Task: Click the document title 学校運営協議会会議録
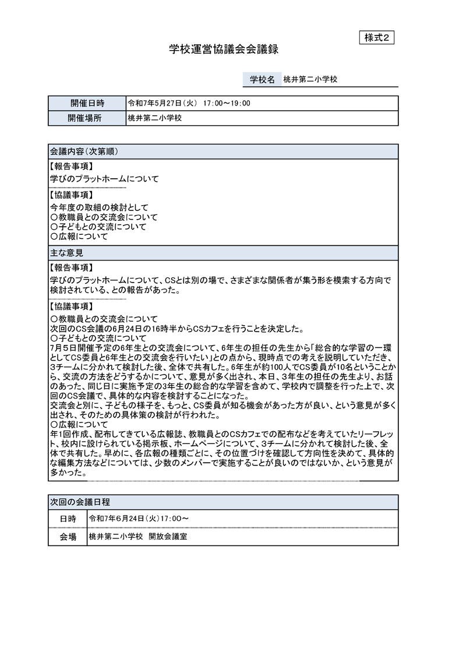(x=224, y=50)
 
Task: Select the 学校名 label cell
(x=262, y=79)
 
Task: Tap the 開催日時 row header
(x=87, y=103)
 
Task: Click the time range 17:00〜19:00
(x=227, y=103)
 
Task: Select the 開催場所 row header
(x=87, y=118)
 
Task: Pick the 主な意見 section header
(x=67, y=253)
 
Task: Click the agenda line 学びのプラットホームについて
(x=104, y=179)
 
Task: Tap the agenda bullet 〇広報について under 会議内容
(x=79, y=237)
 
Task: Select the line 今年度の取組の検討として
(x=100, y=207)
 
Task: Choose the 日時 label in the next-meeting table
(x=68, y=518)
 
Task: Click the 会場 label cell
(x=68, y=537)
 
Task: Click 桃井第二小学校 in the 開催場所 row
(x=155, y=118)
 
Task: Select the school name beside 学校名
(x=310, y=79)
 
